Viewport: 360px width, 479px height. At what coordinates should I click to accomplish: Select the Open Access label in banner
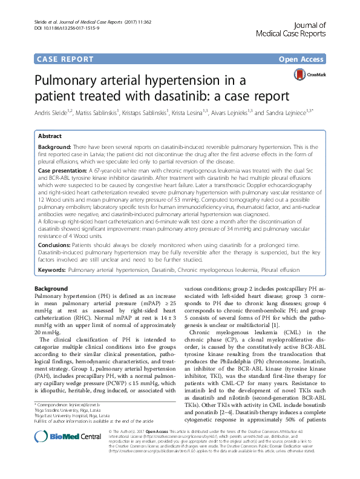coord(302,59)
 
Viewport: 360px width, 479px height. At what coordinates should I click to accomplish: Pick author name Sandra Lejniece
coord(301,111)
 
